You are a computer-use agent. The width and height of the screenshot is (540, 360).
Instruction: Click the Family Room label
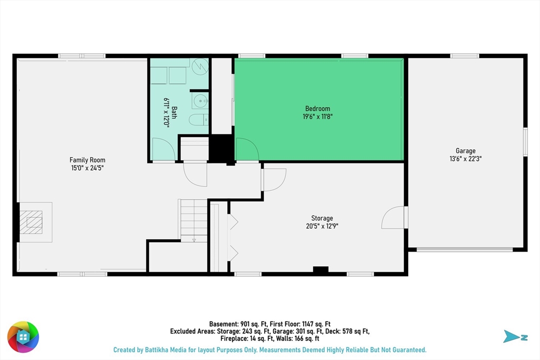click(x=87, y=160)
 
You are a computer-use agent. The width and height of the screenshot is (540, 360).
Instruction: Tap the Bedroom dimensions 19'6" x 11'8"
click(x=317, y=116)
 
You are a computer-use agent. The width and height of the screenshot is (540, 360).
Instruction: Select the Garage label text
click(x=466, y=151)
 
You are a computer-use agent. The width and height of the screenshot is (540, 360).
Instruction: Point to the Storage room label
click(x=322, y=218)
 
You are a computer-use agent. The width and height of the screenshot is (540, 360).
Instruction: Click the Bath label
click(x=174, y=113)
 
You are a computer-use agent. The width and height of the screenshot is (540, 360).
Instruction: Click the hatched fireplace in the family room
click(x=31, y=222)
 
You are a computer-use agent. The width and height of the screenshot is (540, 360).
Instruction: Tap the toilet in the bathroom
click(x=198, y=120)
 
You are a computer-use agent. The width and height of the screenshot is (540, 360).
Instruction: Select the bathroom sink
click(x=200, y=101)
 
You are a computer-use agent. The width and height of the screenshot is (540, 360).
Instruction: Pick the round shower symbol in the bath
click(x=200, y=66)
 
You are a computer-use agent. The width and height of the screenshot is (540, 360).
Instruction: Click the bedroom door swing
click(x=247, y=149)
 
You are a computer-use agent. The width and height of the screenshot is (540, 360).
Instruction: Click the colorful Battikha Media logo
click(x=23, y=337)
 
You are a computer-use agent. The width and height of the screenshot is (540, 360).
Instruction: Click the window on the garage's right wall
click(x=525, y=142)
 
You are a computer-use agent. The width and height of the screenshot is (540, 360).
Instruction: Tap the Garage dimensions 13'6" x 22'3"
click(x=466, y=159)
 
